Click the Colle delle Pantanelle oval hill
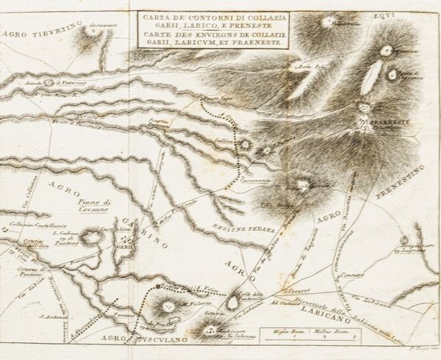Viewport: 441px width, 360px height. tap(233, 300)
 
